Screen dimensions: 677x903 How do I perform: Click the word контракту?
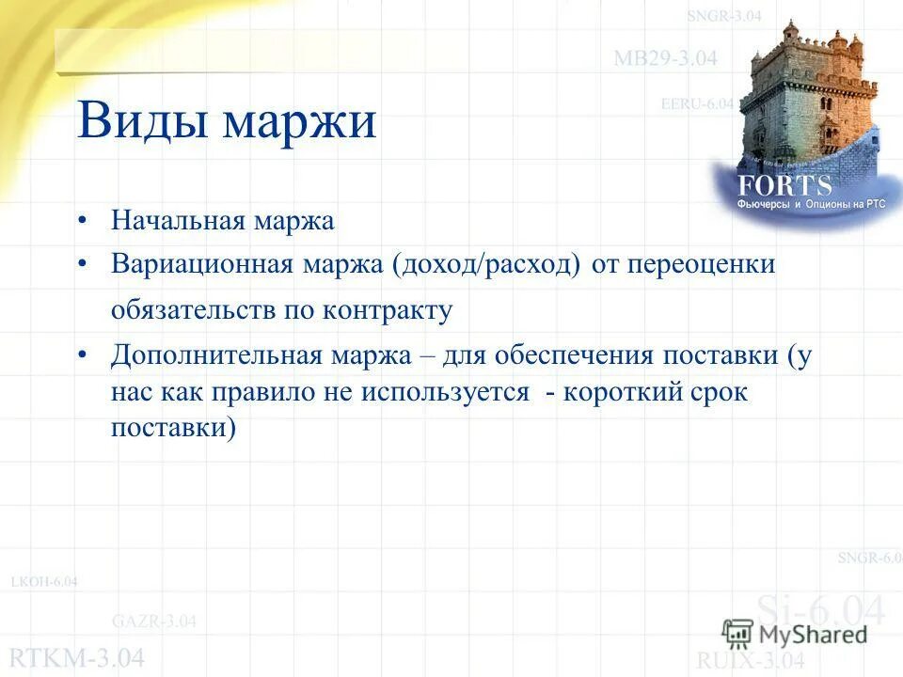[388, 310]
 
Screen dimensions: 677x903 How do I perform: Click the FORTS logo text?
[785, 185]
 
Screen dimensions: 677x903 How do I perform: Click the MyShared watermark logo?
[795, 633]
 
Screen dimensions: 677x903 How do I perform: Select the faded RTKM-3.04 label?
[77, 657]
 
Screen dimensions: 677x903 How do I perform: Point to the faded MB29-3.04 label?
[665, 58]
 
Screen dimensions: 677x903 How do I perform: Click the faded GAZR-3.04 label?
[154, 621]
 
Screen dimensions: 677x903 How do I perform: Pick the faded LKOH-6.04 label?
[44, 582]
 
